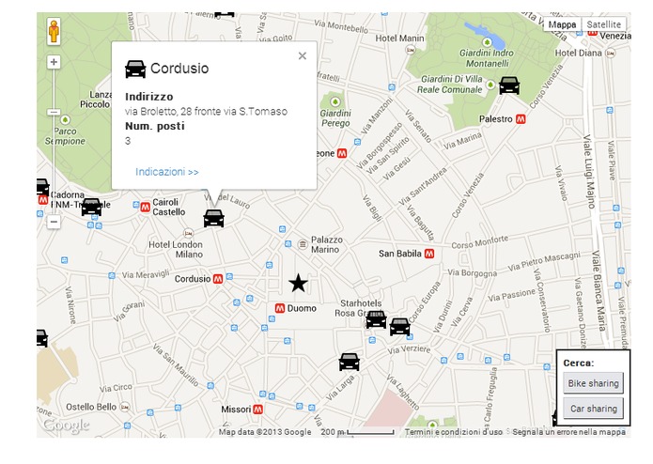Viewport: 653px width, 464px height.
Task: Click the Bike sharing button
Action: pyautogui.click(x=592, y=383)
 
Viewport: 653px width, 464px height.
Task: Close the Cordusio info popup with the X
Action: pyautogui.click(x=303, y=56)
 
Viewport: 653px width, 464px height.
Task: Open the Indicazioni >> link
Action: pyautogui.click(x=166, y=172)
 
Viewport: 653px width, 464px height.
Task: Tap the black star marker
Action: pyautogui.click(x=298, y=283)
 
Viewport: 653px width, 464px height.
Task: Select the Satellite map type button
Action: pyautogui.click(x=603, y=24)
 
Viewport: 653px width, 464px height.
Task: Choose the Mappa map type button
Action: pyautogui.click(x=562, y=24)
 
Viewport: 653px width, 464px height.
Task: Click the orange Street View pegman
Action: pyautogui.click(x=54, y=32)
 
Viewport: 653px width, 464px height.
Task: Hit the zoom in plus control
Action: pyautogui.click(x=54, y=62)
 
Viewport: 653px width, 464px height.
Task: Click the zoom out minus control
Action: pyautogui.click(x=54, y=223)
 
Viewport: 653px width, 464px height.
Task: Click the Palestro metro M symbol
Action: pyautogui.click(x=521, y=120)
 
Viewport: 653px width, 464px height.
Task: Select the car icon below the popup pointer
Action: pyautogui.click(x=214, y=218)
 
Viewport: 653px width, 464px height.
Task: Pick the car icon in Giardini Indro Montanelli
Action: pyautogui.click(x=508, y=85)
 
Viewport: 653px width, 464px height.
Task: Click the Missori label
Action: pyautogui.click(x=236, y=410)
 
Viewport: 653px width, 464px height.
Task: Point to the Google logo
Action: pyautogui.click(x=66, y=425)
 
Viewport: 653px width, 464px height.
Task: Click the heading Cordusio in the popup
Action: pyautogui.click(x=179, y=69)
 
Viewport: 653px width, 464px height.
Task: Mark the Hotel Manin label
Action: pyautogui.click(x=399, y=39)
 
